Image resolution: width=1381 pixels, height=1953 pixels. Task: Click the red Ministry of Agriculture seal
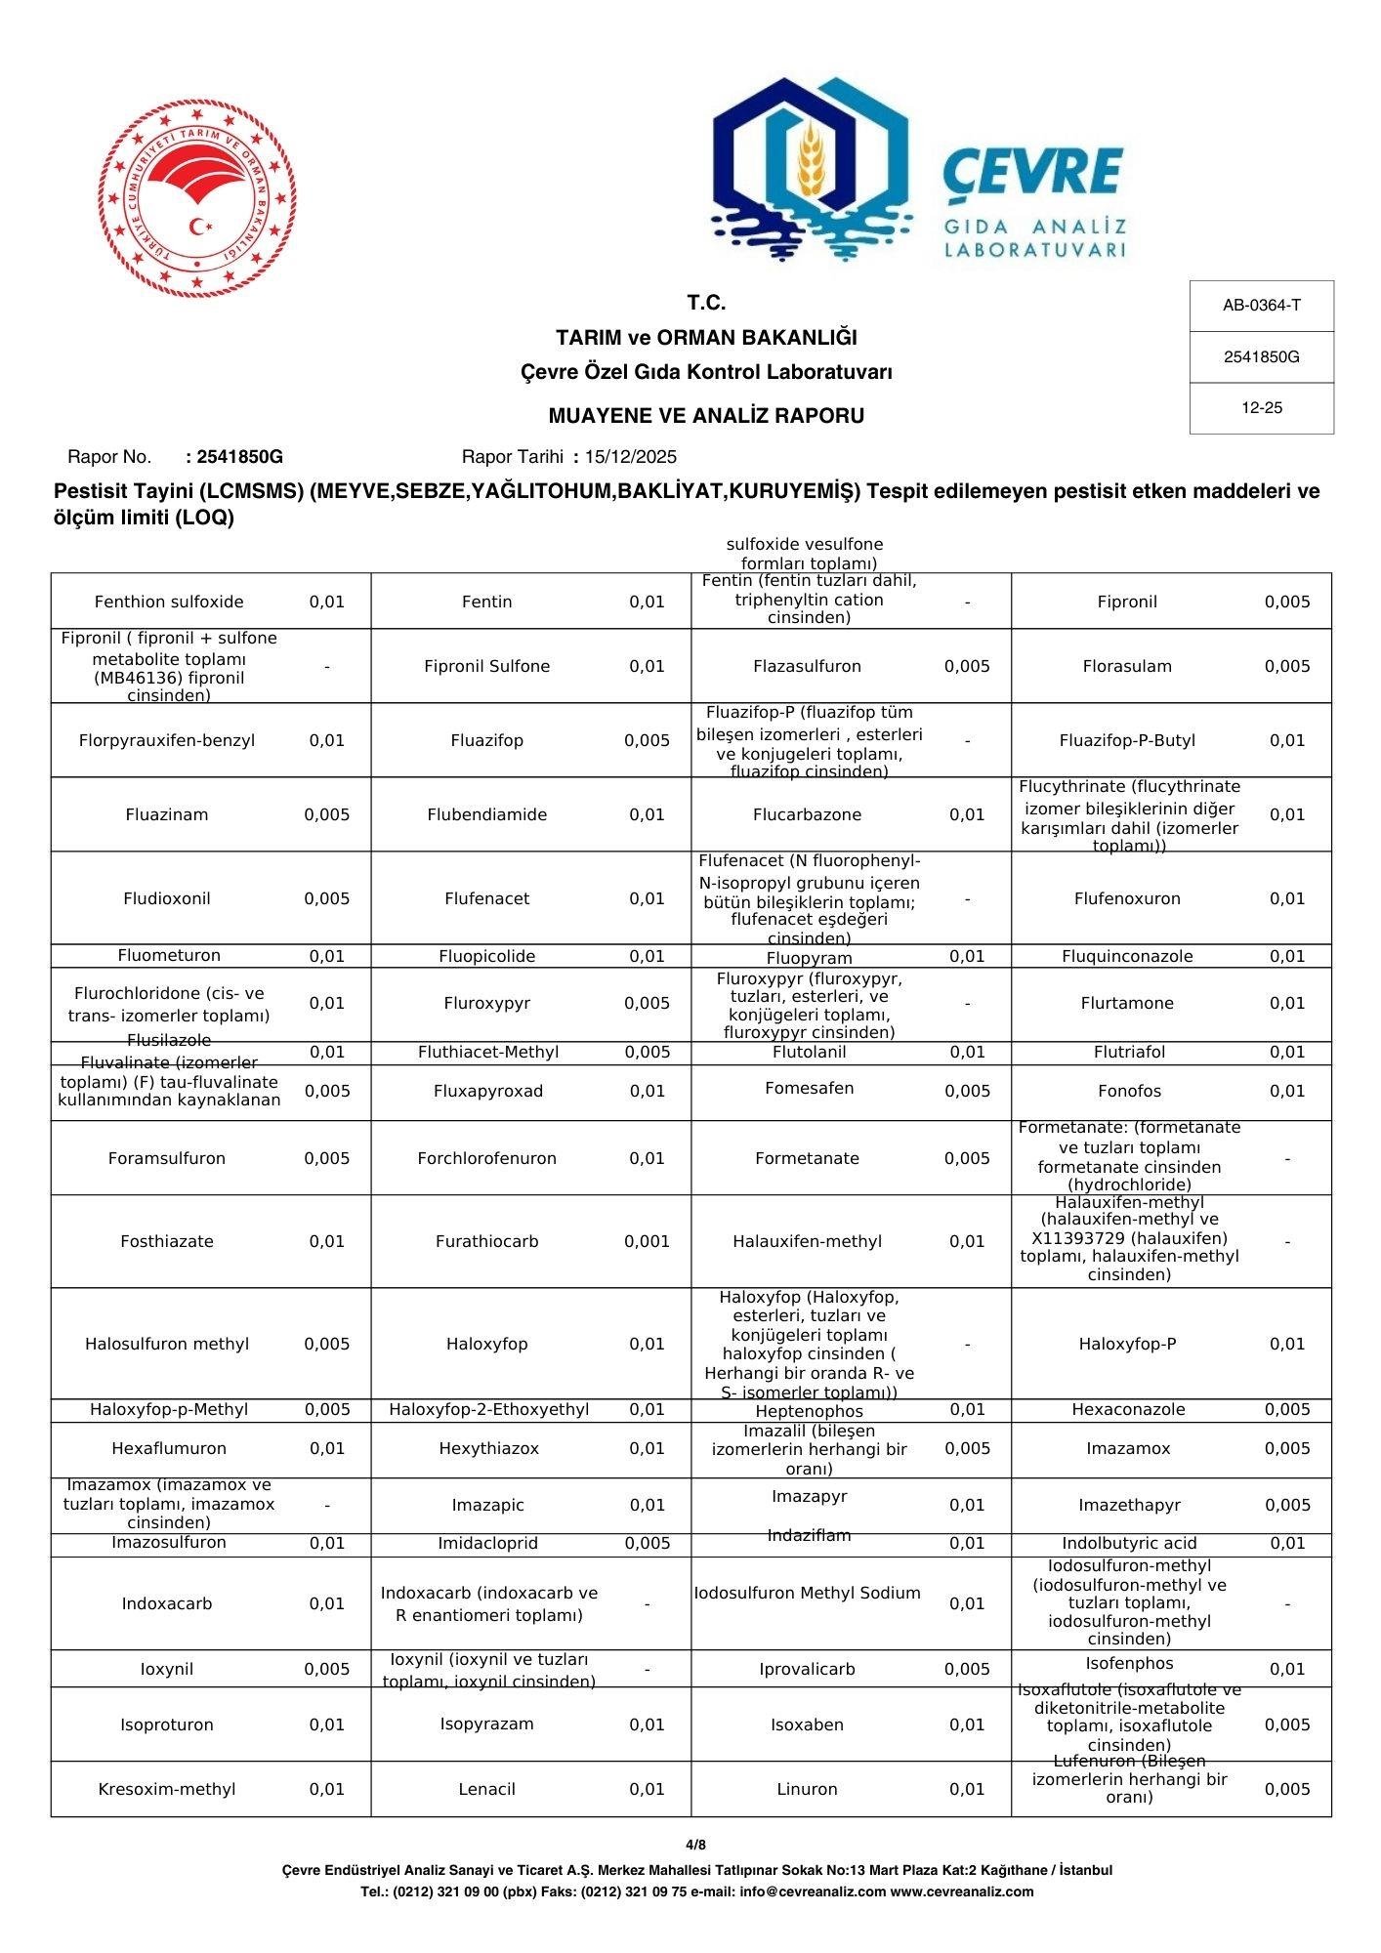click(x=197, y=196)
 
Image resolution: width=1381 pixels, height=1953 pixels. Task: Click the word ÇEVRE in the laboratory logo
click(x=1033, y=172)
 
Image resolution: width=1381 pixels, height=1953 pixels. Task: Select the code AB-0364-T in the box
click(x=1261, y=306)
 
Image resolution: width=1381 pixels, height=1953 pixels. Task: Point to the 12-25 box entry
click(x=1261, y=408)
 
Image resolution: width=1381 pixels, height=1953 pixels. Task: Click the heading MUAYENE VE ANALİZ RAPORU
click(x=706, y=416)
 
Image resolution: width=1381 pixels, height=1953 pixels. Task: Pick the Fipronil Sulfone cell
click(x=486, y=666)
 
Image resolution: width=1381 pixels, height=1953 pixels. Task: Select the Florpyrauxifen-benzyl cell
click(x=167, y=740)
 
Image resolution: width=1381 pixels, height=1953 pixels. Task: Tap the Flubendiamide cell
click(x=486, y=814)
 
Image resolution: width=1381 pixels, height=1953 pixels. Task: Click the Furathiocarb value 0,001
click(x=647, y=1241)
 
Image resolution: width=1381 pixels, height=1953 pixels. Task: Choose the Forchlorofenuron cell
click(x=486, y=1158)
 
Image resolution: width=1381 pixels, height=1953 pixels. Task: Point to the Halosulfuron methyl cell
click(x=167, y=1344)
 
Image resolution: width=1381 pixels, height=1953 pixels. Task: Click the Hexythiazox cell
click(x=488, y=1448)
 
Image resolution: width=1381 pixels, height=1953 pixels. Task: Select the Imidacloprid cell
click(x=487, y=1543)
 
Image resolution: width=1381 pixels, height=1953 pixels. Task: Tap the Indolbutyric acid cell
click(x=1129, y=1543)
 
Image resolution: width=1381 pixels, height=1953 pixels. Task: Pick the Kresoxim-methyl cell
click(x=167, y=1789)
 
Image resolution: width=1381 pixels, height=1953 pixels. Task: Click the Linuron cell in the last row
click(x=807, y=1789)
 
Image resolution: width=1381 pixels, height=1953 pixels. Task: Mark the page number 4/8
click(x=695, y=1845)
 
